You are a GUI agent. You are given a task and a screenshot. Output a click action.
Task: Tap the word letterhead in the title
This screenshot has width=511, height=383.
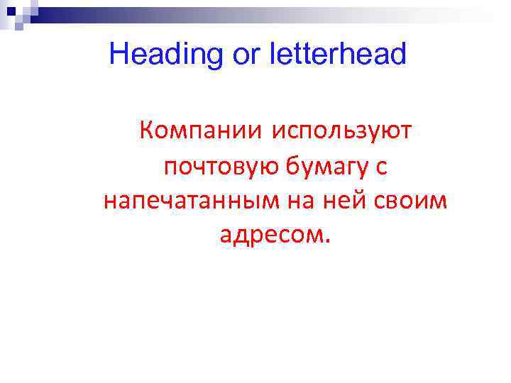[338, 54]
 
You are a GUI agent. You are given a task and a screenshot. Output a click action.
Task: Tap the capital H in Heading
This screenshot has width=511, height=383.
[119, 54]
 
